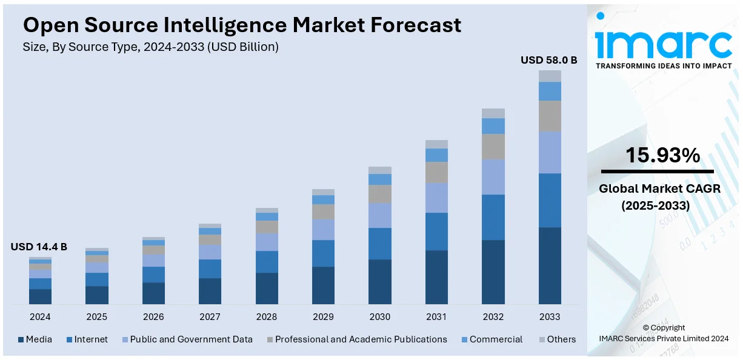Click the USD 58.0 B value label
click(549, 60)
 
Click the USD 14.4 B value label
click(39, 247)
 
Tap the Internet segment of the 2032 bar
click(493, 217)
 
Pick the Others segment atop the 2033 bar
click(550, 76)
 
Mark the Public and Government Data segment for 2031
click(436, 198)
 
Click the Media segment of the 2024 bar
click(40, 296)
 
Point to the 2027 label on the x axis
click(210, 316)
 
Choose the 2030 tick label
click(379, 316)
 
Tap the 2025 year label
click(96, 316)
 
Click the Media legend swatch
click(21, 340)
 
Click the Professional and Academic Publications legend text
click(361, 339)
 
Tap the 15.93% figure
click(662, 156)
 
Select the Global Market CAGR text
click(659, 188)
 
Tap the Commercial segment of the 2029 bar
click(323, 199)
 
